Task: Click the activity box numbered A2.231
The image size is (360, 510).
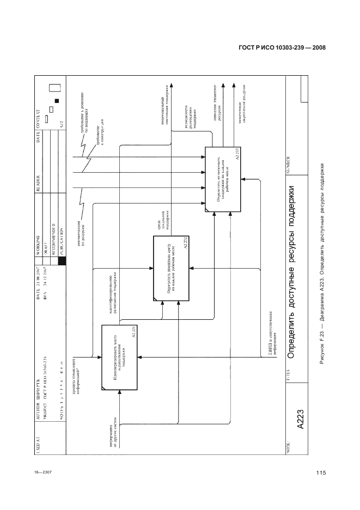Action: [118, 357]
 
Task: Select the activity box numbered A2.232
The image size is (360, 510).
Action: [171, 269]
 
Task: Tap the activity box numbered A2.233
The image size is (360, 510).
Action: [222, 180]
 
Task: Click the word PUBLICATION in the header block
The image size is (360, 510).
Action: [62, 239]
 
